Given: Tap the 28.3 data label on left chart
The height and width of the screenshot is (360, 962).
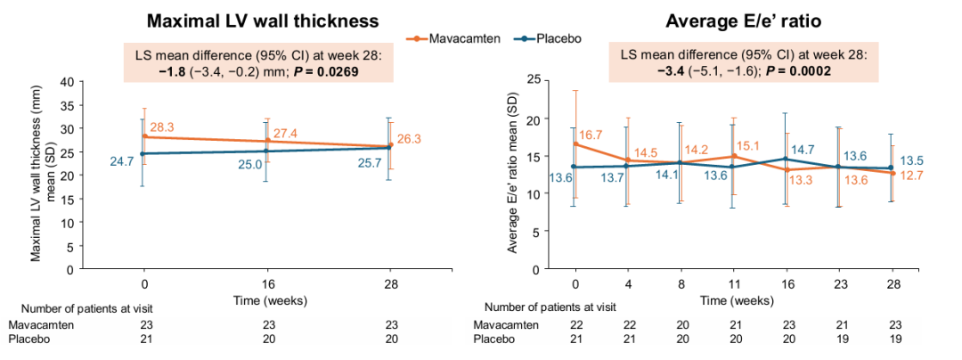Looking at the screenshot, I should (x=162, y=127).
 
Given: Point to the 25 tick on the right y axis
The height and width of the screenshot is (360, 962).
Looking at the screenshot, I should (x=534, y=81).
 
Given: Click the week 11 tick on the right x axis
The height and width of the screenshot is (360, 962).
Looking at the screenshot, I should (x=732, y=285).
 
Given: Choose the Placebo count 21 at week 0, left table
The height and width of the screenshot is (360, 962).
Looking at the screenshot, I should (x=144, y=340).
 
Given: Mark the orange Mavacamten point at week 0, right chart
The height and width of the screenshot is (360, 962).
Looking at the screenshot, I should (x=575, y=144).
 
